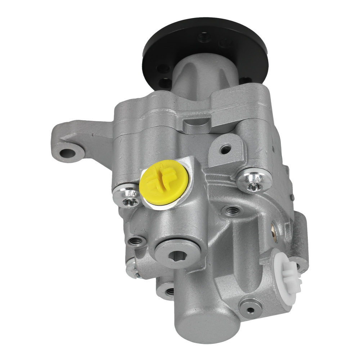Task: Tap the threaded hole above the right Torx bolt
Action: (226, 148)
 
